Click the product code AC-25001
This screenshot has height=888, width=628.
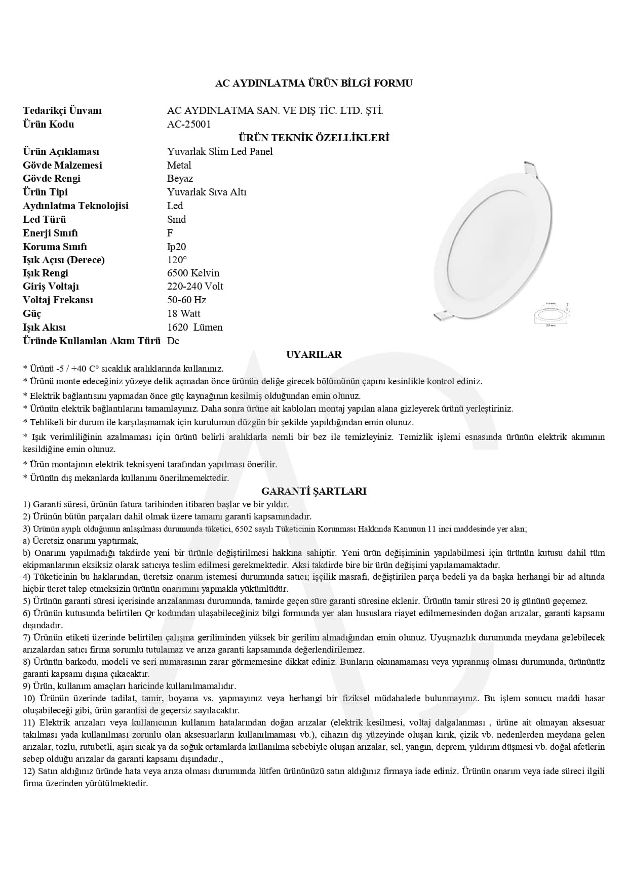click(189, 124)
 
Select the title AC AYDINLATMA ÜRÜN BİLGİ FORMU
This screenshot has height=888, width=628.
click(313, 83)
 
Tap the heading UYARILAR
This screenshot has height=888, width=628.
click(313, 354)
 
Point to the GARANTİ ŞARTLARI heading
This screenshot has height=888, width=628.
click(313, 491)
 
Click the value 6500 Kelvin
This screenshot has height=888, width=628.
click(193, 273)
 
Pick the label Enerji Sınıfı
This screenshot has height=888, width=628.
click(50, 233)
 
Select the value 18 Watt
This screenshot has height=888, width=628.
click(184, 313)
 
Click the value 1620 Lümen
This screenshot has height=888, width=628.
click(194, 327)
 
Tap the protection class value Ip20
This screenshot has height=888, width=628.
click(176, 247)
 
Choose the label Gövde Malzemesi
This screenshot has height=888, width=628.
click(62, 165)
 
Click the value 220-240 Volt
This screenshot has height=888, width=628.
click(195, 286)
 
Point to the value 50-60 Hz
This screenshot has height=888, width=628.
click(186, 300)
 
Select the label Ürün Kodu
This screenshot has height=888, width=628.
click(48, 124)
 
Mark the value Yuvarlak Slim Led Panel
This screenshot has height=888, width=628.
click(220, 151)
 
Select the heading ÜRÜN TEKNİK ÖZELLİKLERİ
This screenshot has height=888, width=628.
click(313, 138)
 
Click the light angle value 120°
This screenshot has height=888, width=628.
click(177, 260)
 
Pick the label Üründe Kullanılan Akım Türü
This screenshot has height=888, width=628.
click(91, 341)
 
